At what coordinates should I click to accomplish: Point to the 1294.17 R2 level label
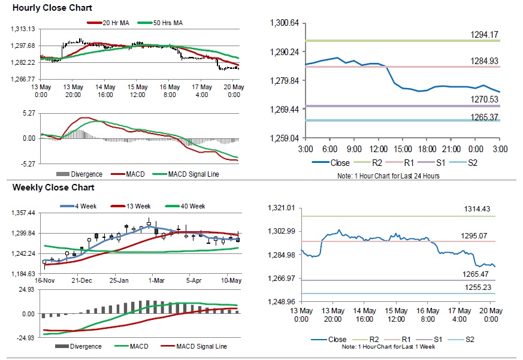coord(486,35)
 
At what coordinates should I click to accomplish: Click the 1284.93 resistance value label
coord(486,61)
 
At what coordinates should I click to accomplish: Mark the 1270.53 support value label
coord(486,99)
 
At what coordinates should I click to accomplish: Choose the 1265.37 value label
coord(486,116)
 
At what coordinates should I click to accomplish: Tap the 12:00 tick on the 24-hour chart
coord(378,148)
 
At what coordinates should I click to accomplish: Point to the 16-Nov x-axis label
coord(46,280)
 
